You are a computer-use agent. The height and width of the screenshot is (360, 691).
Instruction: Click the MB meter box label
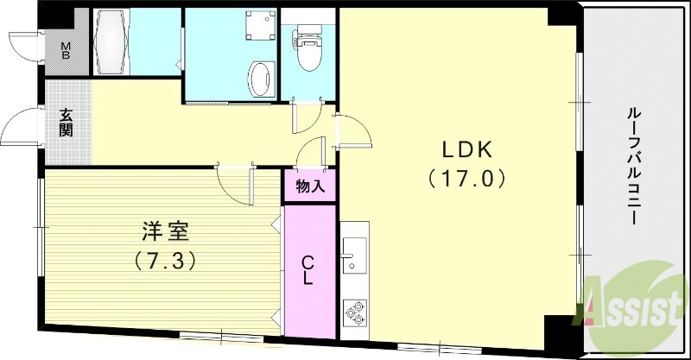pyautogui.click(x=66, y=49)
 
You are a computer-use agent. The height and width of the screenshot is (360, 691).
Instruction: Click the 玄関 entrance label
pyautogui.click(x=67, y=123)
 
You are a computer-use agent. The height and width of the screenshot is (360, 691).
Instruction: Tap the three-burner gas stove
pyautogui.click(x=354, y=311)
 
